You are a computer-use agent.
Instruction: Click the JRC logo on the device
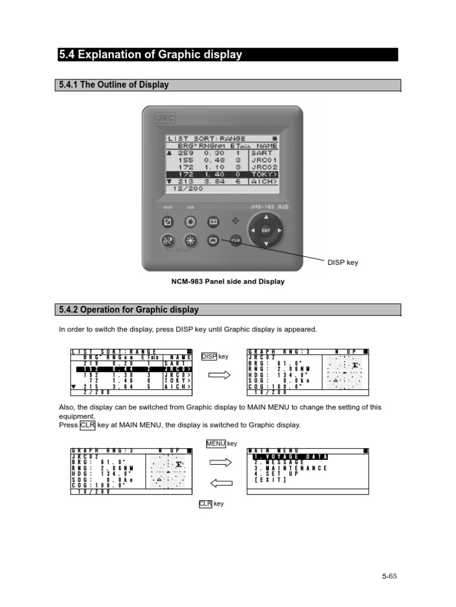[x=164, y=118]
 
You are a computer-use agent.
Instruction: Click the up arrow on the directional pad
[x=266, y=217]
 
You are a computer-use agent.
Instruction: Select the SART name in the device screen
[x=262, y=152]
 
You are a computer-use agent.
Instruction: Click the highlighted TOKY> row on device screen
[x=222, y=174]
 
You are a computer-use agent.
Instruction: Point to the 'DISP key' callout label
[x=343, y=263]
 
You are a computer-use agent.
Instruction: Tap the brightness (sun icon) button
[x=191, y=241]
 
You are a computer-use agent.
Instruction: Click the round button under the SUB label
[x=191, y=222]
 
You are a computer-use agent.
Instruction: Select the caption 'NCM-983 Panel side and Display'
[x=228, y=282]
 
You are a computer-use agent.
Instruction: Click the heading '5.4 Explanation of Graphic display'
[x=150, y=55]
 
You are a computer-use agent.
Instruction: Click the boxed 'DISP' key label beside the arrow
[x=209, y=356]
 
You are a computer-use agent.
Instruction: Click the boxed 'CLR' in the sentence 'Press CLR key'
[x=87, y=425]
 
